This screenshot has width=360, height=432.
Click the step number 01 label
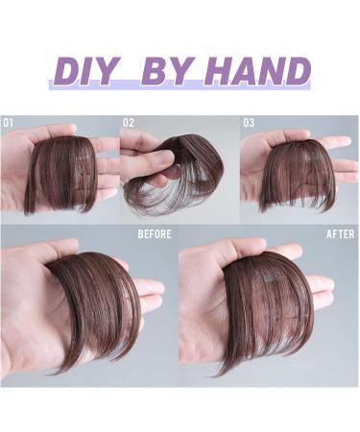click(x=10, y=123)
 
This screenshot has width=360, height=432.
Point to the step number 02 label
click(x=130, y=123)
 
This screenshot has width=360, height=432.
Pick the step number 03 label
click(x=249, y=123)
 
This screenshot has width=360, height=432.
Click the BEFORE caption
click(x=154, y=233)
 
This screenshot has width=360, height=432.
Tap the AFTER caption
click(x=340, y=233)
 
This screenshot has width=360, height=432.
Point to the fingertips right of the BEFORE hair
click(x=149, y=288)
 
